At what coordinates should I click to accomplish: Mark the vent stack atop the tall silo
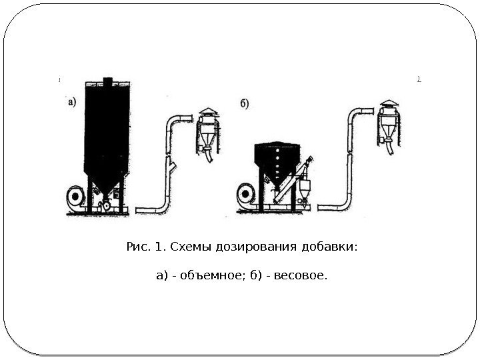(107, 82)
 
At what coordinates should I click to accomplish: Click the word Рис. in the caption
(137, 248)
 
